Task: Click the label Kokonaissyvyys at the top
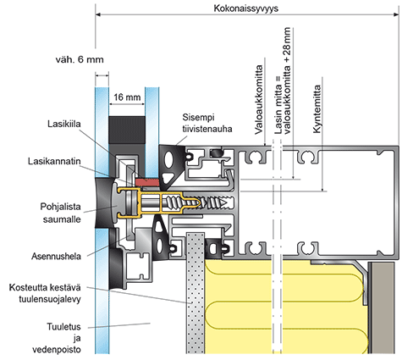point(245,8)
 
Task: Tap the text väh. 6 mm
point(80,59)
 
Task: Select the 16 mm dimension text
point(127,97)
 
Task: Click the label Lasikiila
point(64,124)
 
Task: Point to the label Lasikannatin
point(54,161)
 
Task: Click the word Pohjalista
point(60,207)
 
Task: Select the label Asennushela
point(56,257)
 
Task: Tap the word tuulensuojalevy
point(50,299)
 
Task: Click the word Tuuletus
point(63,327)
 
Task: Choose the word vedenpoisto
point(57,350)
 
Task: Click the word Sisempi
point(198,117)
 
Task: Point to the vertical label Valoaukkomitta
point(259,100)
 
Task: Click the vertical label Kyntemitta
point(317,109)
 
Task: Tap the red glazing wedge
point(147,182)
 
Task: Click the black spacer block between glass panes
point(127,130)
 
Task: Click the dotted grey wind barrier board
point(195,293)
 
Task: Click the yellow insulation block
point(285,307)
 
